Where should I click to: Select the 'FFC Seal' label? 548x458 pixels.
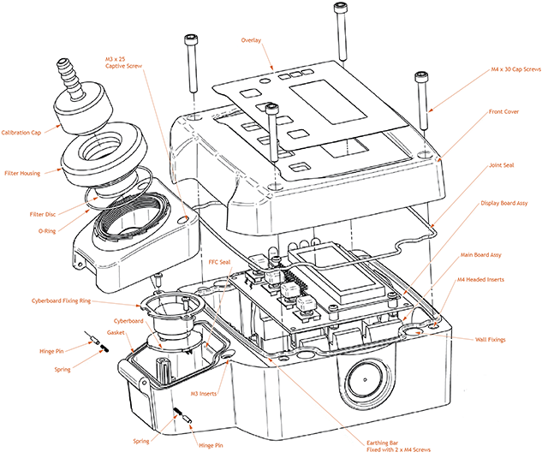219,262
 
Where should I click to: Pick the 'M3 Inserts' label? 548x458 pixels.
202,394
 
